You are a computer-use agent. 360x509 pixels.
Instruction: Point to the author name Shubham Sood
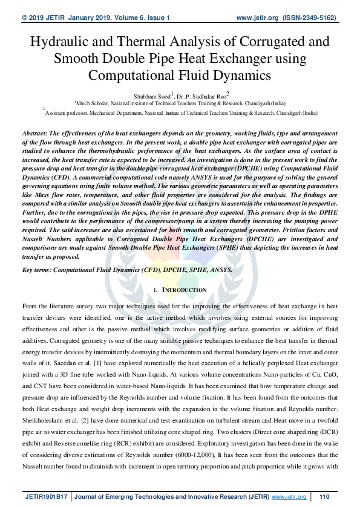click(151, 95)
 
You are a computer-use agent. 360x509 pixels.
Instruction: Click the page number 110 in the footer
click(324, 497)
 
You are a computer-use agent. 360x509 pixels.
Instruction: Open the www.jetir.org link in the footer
click(289, 497)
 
